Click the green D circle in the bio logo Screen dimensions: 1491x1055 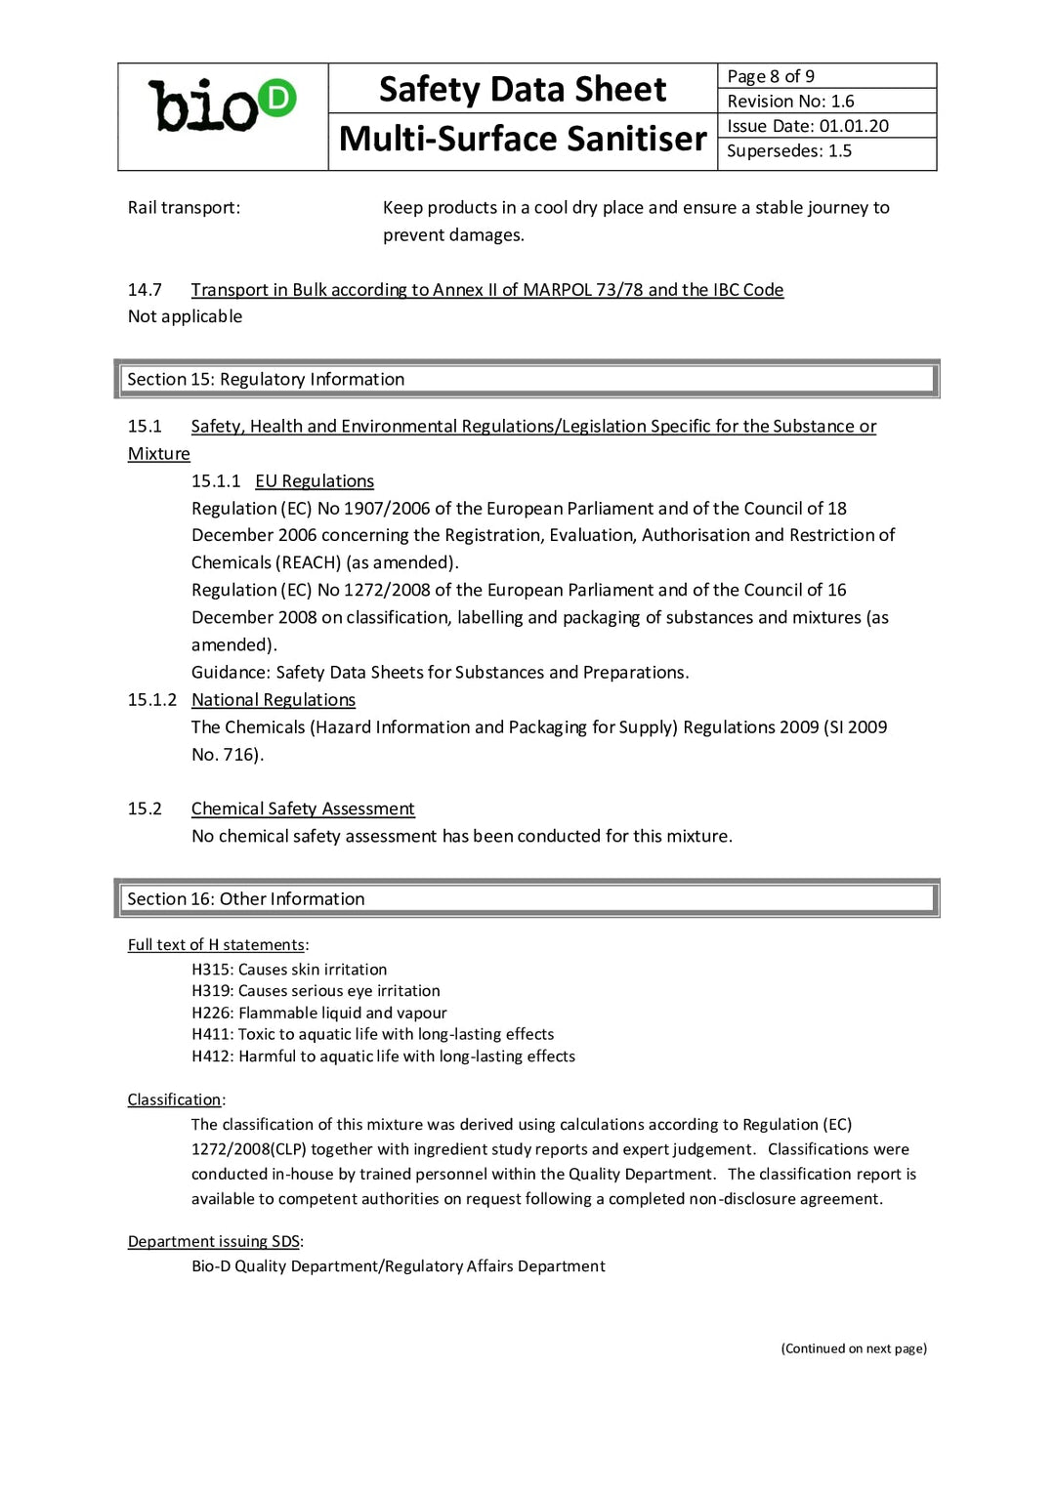277,99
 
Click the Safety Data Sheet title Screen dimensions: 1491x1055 523,89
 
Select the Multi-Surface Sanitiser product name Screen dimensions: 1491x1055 523,139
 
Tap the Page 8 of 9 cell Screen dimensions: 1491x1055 771,76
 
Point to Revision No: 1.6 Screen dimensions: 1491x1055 790,101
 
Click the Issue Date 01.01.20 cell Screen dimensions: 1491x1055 808,126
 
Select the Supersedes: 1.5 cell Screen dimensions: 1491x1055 789,150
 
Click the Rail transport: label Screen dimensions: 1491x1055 184,207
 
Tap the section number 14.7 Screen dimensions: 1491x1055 145,290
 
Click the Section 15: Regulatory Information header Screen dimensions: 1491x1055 266,379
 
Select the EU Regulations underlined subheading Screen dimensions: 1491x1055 315,481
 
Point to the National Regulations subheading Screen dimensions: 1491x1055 274,700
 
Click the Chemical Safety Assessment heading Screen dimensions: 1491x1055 303,808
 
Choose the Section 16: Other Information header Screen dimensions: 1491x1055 246,898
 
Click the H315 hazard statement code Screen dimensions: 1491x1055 211,970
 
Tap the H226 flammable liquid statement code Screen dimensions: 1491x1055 211,1013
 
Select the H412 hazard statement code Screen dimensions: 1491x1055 211,1056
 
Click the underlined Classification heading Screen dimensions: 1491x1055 174,1099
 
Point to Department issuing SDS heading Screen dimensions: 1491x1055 214,1241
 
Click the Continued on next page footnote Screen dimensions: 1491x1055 854,1348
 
